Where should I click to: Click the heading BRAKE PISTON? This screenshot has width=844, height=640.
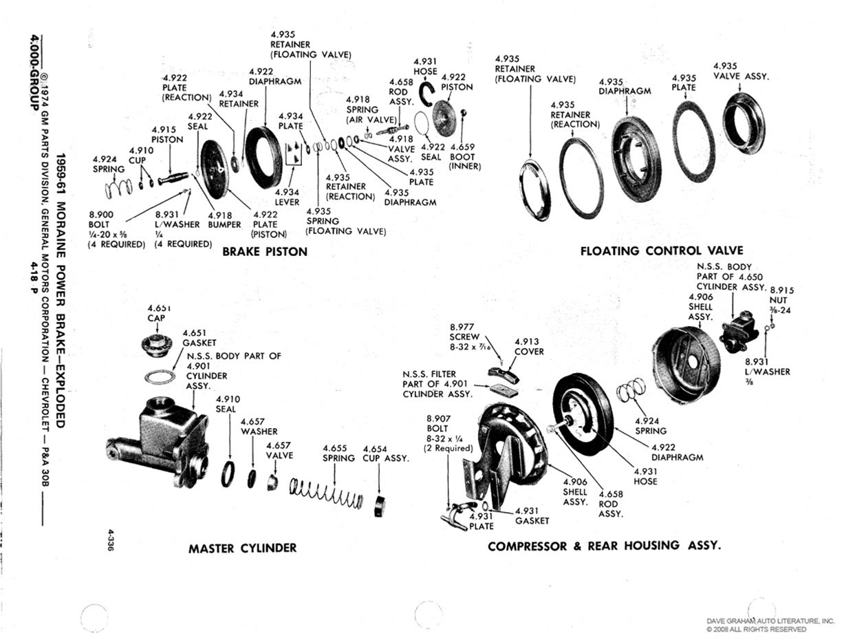(x=265, y=252)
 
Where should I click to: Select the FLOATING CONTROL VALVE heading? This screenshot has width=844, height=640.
(x=662, y=250)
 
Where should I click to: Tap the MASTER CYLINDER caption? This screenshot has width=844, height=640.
(x=243, y=548)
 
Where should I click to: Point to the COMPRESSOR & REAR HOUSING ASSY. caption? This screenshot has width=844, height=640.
(x=604, y=546)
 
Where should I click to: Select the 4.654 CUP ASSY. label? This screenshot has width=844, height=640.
(x=386, y=454)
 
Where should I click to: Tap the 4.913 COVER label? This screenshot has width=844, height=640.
(x=529, y=346)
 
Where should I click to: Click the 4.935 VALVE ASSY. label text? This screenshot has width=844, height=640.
(x=740, y=72)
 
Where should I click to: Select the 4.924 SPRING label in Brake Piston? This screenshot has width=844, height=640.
(x=109, y=164)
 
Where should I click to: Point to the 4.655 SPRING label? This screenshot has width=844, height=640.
(x=338, y=454)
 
